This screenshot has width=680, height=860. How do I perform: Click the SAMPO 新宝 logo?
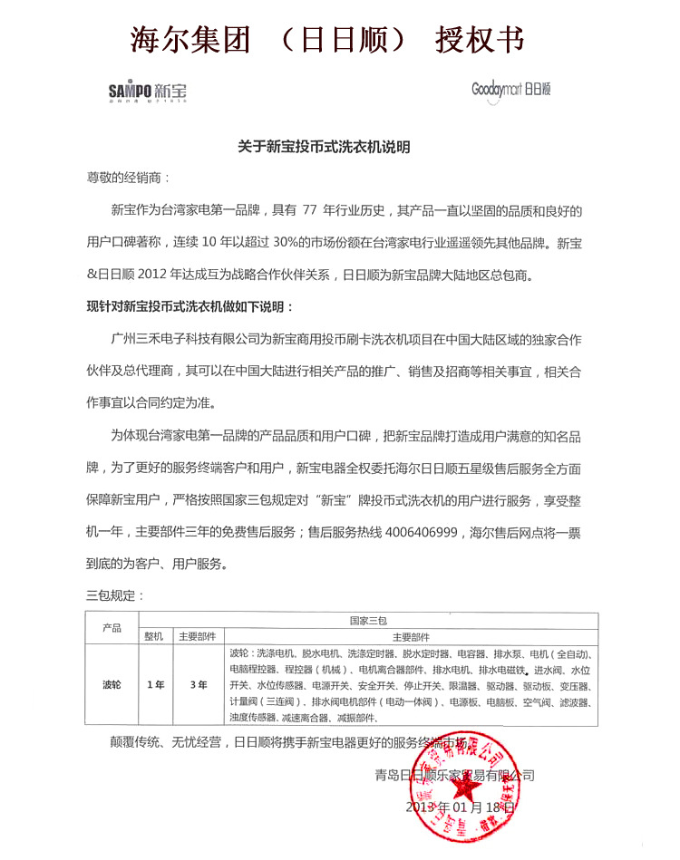pyautogui.click(x=148, y=91)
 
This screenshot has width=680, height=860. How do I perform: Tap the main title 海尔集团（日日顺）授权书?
pyautogui.click(x=327, y=39)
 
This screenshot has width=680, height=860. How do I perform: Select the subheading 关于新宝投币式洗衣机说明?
pyautogui.click(x=325, y=146)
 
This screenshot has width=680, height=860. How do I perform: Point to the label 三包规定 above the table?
pyautogui.click(x=114, y=595)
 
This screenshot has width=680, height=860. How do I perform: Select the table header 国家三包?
pyautogui.click(x=368, y=620)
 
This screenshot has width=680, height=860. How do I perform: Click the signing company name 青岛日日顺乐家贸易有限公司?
pyautogui.click(x=454, y=775)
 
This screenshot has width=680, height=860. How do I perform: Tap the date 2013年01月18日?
pyautogui.click(x=461, y=806)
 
